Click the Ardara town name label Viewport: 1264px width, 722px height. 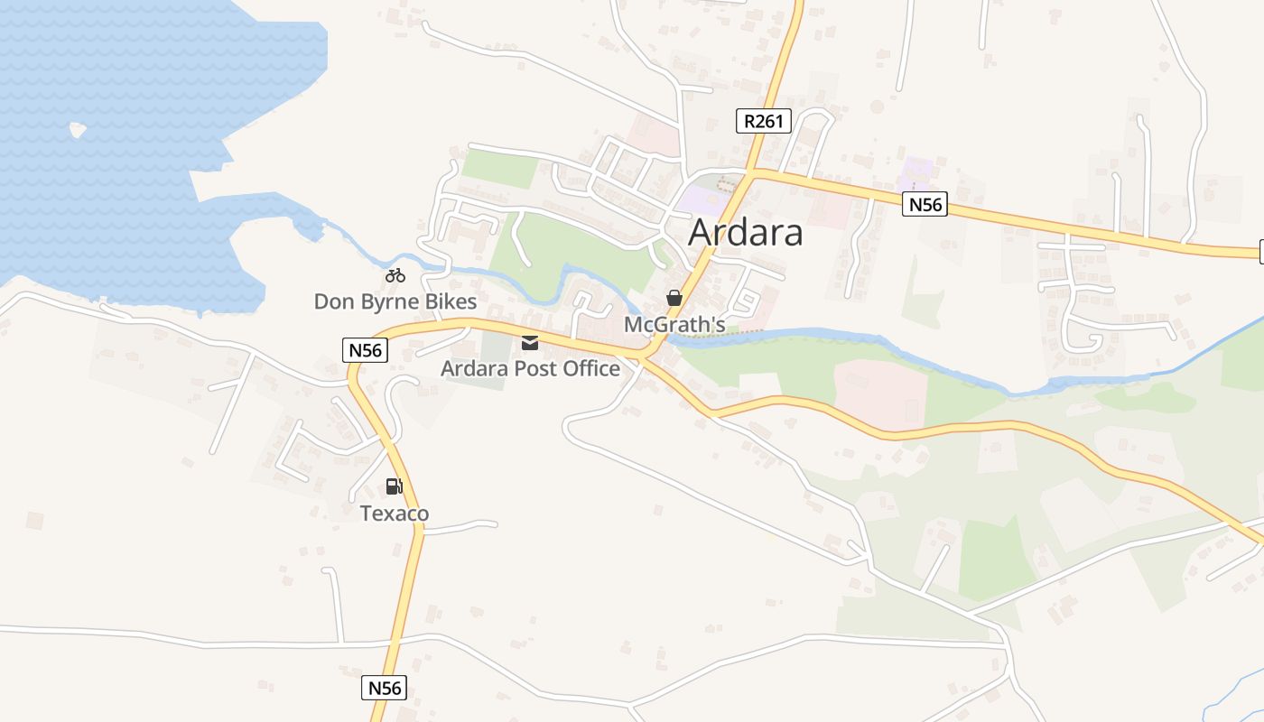tap(745, 233)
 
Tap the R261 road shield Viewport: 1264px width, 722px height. tap(763, 121)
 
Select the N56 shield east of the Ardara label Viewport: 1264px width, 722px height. tap(925, 205)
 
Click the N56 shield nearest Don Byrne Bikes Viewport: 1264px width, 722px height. tap(366, 350)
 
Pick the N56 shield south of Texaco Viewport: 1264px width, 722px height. tap(385, 688)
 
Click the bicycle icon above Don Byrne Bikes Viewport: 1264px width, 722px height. tap(395, 276)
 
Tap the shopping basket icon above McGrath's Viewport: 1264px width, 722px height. tap(674, 298)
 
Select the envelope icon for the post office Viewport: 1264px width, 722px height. tap(529, 343)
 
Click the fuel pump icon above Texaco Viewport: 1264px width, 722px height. tap(394, 486)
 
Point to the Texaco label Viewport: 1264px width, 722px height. tap(395, 514)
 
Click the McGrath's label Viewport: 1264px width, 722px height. tap(674, 323)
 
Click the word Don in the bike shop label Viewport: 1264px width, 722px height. tap(332, 301)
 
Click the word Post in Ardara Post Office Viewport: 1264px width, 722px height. tap(536, 368)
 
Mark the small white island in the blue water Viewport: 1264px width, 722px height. tap(78, 130)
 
